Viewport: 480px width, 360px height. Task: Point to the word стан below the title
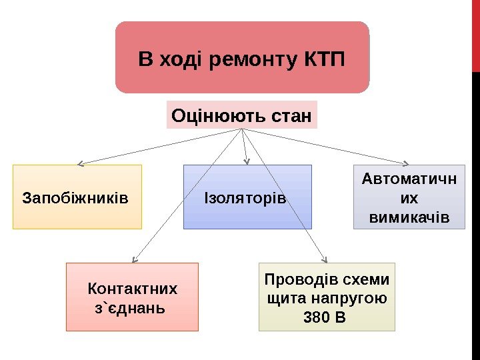291,116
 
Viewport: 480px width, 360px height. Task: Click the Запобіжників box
77,197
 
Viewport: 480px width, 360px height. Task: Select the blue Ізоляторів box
247,197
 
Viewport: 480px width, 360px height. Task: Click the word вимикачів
409,218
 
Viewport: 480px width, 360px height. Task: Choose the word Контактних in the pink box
133,289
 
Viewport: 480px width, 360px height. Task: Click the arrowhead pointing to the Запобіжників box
80,163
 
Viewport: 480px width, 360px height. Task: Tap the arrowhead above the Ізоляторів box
247,161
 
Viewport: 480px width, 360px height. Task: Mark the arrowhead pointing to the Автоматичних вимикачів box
406,162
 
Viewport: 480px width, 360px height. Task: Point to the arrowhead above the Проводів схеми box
325,259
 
